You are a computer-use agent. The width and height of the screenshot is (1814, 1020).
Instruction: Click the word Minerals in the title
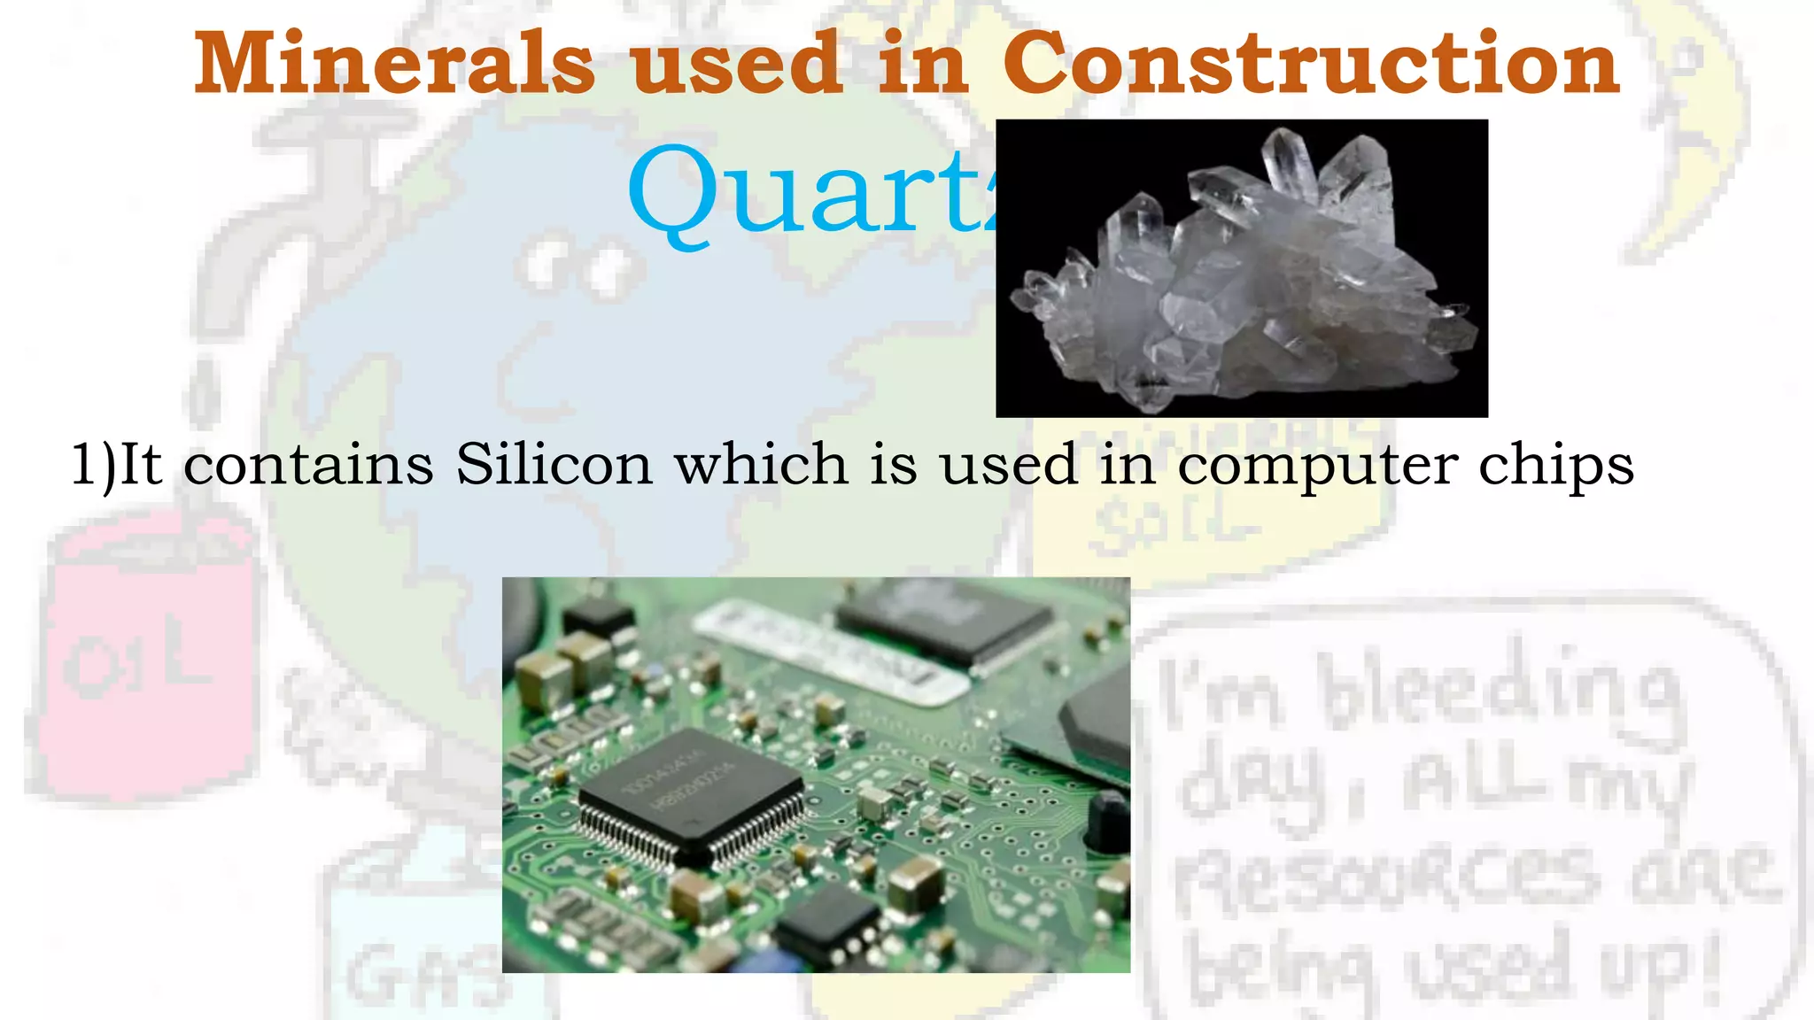(x=394, y=64)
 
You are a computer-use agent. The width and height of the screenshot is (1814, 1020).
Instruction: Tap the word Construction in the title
(x=1311, y=64)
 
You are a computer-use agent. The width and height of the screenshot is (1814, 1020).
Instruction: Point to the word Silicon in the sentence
(x=554, y=464)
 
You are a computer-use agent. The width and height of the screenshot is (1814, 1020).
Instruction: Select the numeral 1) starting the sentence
(x=93, y=464)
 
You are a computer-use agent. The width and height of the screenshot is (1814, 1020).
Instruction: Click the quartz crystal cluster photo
(x=1241, y=267)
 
